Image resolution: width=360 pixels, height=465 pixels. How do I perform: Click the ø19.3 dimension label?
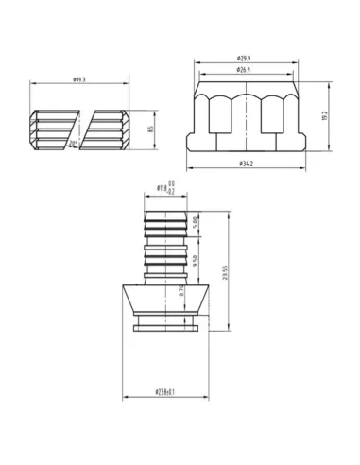(x=78, y=81)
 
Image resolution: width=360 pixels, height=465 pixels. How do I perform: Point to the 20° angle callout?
(x=74, y=142)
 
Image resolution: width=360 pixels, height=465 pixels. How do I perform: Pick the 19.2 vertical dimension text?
(x=324, y=115)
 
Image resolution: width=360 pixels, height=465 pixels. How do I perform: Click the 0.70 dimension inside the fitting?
(x=181, y=293)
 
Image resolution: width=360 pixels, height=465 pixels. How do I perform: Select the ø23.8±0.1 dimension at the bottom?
(x=169, y=391)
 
